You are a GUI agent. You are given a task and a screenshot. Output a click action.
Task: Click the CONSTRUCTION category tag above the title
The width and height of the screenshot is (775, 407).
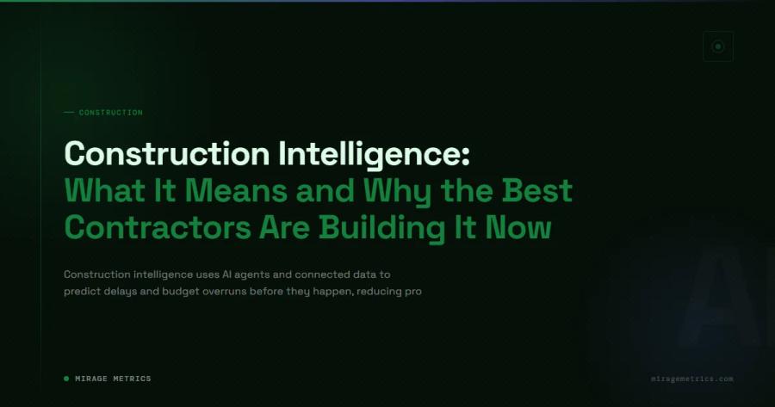[x=110, y=113]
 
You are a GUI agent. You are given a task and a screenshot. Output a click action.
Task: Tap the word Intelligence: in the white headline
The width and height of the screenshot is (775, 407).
[x=375, y=153]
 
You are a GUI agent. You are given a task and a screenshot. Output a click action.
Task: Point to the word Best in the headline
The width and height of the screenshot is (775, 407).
[x=536, y=190]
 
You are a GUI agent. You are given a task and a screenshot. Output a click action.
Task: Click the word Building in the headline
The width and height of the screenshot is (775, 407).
[x=388, y=227]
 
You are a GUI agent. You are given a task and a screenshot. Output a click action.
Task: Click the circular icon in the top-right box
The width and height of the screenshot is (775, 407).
[x=718, y=46]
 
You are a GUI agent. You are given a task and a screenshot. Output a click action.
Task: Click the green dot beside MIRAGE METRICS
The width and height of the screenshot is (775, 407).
[x=66, y=379]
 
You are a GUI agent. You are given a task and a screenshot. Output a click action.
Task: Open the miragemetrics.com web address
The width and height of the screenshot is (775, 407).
[x=692, y=379]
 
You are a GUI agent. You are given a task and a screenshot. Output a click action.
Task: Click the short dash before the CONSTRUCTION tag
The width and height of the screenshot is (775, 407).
[x=69, y=113]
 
